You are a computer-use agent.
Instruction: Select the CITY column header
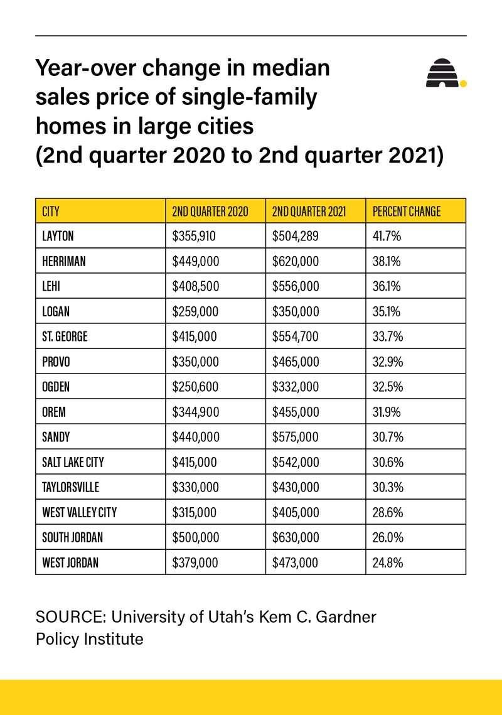coord(51,212)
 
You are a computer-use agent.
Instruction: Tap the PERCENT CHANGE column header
coord(407,212)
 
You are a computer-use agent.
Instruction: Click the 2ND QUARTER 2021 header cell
coord(309,212)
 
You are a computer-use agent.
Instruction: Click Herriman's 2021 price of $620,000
coord(296,261)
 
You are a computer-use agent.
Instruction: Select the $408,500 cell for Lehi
coord(195,286)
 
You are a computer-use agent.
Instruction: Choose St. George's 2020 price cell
coord(195,336)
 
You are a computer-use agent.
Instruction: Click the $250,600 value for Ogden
coord(195,387)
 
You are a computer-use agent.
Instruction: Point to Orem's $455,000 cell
coord(296,412)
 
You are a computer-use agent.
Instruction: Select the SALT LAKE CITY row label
coord(73,462)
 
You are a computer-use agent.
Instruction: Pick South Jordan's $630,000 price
coord(296,537)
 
